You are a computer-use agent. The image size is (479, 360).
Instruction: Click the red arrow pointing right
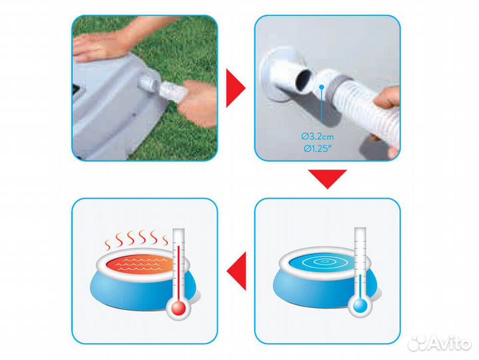(x=235, y=88)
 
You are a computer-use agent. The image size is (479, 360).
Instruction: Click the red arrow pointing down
(x=327, y=179)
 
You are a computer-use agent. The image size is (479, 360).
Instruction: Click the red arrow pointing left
(x=237, y=271)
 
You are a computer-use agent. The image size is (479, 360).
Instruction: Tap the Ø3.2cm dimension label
(x=318, y=136)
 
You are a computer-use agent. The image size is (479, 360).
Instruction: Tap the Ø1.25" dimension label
(x=317, y=149)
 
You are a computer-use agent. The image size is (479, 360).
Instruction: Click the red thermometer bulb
(x=179, y=308)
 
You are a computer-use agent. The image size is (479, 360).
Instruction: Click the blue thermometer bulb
(x=360, y=305)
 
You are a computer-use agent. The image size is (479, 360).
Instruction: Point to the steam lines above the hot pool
(x=137, y=239)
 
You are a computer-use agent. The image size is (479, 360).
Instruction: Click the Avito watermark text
(x=440, y=343)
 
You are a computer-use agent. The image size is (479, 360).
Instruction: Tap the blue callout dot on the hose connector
(x=321, y=87)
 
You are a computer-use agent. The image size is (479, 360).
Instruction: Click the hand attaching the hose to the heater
(x=197, y=103)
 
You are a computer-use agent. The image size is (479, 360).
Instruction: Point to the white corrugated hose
(x=366, y=107)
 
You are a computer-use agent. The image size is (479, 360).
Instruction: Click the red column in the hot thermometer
(x=179, y=272)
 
